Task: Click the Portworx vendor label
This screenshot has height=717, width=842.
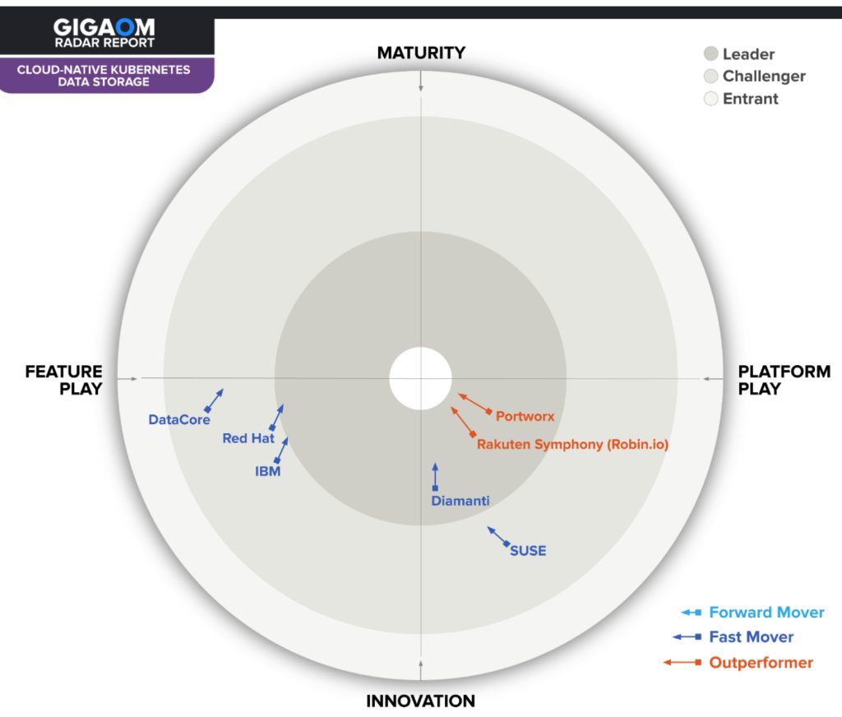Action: [525, 416]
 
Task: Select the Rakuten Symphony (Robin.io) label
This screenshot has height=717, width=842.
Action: [572, 445]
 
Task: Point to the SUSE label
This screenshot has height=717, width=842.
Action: [528, 550]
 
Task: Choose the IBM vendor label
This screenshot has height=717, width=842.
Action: [268, 471]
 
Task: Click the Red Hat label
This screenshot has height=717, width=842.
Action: [248, 438]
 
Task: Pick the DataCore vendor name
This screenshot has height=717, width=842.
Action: [179, 419]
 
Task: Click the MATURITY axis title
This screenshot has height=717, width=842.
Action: [421, 53]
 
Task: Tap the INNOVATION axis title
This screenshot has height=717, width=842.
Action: [420, 701]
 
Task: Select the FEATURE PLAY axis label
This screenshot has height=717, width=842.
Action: [64, 380]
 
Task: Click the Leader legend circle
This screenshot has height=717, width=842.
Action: [711, 54]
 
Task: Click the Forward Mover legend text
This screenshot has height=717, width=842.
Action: [766, 613]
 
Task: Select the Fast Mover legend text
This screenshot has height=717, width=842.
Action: [751, 637]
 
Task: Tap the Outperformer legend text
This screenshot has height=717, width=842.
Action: [761, 663]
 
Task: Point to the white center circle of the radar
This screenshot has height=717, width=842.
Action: [420, 377]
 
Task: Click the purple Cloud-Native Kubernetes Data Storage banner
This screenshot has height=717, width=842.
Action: [104, 76]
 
